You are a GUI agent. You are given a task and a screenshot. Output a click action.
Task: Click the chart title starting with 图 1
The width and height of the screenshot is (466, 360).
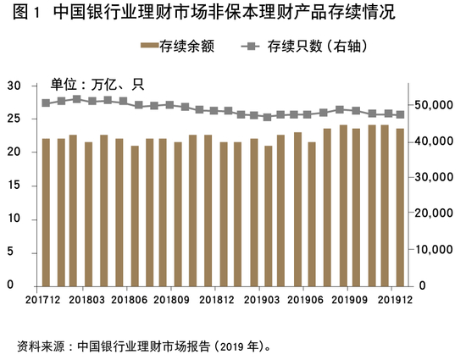click(204, 13)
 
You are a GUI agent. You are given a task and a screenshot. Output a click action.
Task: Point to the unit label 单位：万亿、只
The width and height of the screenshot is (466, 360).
click(97, 85)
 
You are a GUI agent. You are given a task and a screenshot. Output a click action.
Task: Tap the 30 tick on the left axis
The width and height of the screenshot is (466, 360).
click(14, 86)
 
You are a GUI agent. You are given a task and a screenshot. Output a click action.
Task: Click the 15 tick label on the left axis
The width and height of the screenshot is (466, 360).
click(14, 185)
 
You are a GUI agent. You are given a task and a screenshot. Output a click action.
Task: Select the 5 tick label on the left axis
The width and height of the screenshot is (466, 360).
click(11, 252)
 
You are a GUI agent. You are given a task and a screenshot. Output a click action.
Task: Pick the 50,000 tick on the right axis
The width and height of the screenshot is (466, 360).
click(434, 105)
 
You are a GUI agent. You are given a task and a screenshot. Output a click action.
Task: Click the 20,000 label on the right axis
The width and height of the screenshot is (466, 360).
click(434, 213)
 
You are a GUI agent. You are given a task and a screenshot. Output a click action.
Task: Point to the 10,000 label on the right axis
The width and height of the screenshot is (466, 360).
click(434, 250)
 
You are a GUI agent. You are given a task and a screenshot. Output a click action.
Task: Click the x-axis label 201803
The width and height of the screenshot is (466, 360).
click(86, 300)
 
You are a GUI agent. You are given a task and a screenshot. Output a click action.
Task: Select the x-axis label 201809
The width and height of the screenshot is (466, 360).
click(171, 300)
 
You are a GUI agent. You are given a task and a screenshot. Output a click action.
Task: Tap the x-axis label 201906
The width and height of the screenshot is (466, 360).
click(305, 300)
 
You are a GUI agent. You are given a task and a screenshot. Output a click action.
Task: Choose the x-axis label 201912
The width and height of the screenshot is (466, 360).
click(396, 300)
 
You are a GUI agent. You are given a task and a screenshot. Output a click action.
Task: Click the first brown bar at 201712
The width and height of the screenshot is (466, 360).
click(46, 213)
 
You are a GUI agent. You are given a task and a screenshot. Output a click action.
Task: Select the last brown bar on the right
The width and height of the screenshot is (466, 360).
click(400, 208)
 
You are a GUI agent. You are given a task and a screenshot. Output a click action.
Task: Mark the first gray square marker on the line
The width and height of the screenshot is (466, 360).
click(46, 103)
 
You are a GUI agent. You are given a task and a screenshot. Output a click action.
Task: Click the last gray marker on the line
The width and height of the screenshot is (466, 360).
click(400, 114)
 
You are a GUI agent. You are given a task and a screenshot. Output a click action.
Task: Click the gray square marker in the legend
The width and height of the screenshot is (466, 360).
click(251, 47)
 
